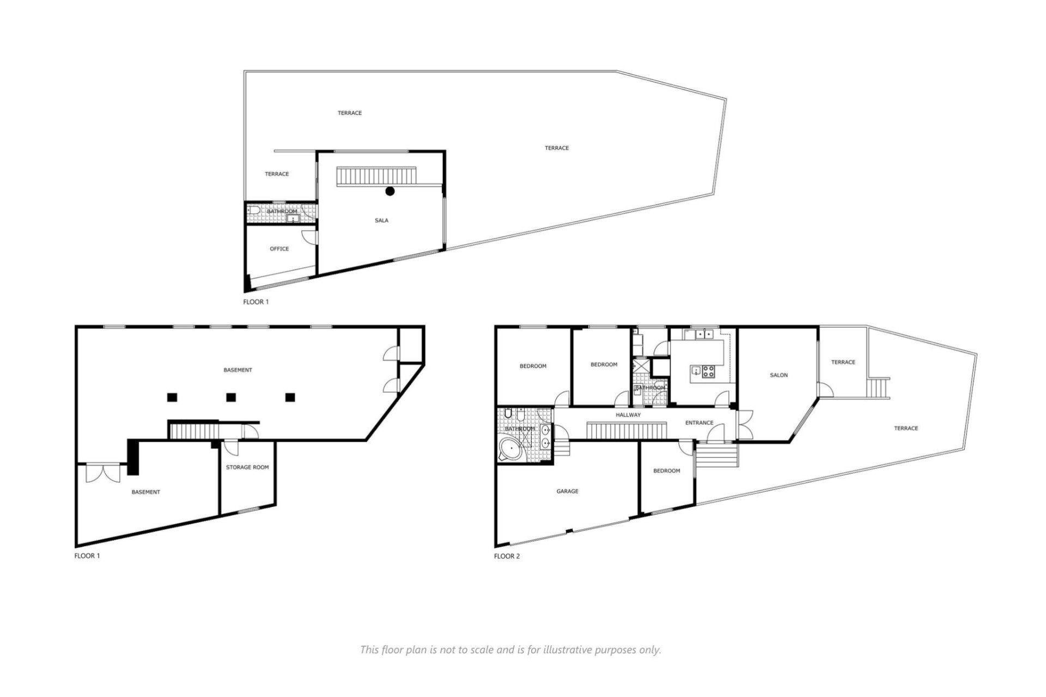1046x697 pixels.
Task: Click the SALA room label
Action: coord(381,221)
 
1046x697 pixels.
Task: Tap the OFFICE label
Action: coord(279,249)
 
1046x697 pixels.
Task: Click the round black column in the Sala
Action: coord(390,191)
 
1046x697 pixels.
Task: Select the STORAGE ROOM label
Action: coord(247,467)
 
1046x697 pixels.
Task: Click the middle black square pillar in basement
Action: coord(231,397)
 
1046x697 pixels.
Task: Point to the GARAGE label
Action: coord(567,491)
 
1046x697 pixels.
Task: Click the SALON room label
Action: coord(779,375)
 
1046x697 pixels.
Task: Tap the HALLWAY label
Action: coord(628,415)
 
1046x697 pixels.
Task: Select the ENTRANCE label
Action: coord(699,423)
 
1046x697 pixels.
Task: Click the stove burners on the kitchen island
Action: coord(709,371)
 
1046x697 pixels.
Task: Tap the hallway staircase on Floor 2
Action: coord(627,430)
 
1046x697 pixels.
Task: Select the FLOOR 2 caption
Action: coord(507,557)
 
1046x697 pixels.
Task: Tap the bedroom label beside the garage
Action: coord(666,470)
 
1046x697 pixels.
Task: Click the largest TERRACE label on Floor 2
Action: coord(906,429)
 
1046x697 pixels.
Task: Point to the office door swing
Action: coord(309,237)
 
